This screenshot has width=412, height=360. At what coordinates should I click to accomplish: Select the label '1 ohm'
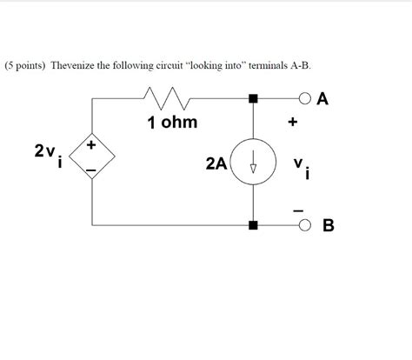click(173, 123)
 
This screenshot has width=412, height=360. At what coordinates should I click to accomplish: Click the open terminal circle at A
click(306, 98)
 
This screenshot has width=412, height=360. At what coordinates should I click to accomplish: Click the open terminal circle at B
click(306, 226)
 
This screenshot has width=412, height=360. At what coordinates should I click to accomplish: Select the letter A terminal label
click(323, 98)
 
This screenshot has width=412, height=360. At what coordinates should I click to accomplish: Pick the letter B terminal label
click(328, 227)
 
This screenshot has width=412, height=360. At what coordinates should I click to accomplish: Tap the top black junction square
click(254, 99)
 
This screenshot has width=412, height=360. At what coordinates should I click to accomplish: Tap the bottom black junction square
click(254, 226)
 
